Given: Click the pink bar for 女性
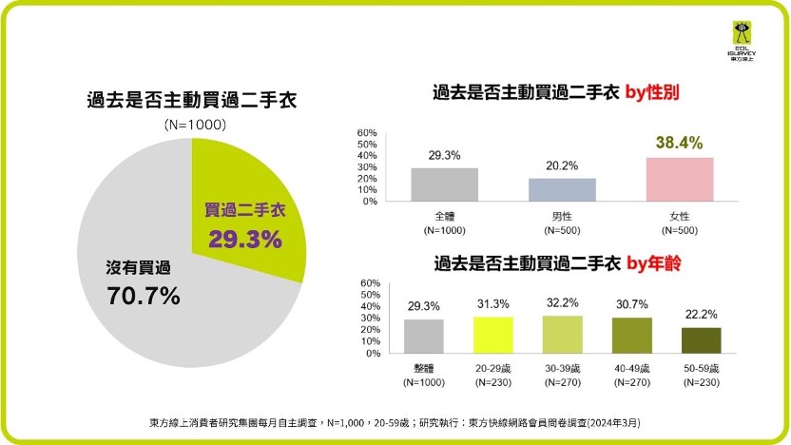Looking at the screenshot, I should coord(679,179).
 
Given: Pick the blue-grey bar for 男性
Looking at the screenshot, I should coord(562,189).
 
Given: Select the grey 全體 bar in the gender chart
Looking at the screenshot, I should coord(444,184).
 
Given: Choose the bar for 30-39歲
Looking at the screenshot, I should coord(561,333).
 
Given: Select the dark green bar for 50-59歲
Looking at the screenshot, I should coord(701,339).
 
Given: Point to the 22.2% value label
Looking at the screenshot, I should coord(701,314).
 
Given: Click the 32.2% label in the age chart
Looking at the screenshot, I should coord(561,302).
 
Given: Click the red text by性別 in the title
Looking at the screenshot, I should coord(657,93).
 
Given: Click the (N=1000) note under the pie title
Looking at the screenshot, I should coord(194,125).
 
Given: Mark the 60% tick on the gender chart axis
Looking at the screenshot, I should coord(368,133).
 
